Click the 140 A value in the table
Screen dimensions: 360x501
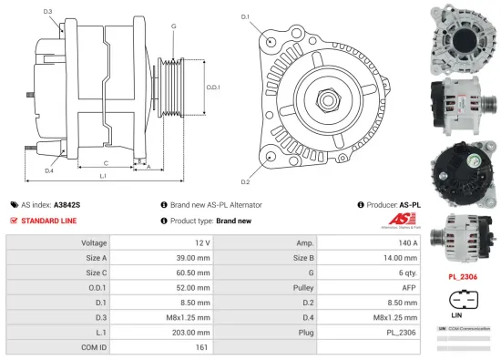coord(407,243)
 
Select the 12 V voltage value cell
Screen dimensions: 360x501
coord(201,243)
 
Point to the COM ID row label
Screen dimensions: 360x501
coord(94,346)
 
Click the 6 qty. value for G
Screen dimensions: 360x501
coord(407,273)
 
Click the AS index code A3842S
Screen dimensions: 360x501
coord(66,206)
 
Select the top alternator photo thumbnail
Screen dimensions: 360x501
coord(463,34)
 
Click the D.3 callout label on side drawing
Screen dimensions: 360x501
coord(47,12)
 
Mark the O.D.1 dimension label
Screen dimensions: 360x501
coord(211,87)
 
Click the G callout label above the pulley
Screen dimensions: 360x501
coord(173,27)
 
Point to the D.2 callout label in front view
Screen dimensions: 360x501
coord(245,169)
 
